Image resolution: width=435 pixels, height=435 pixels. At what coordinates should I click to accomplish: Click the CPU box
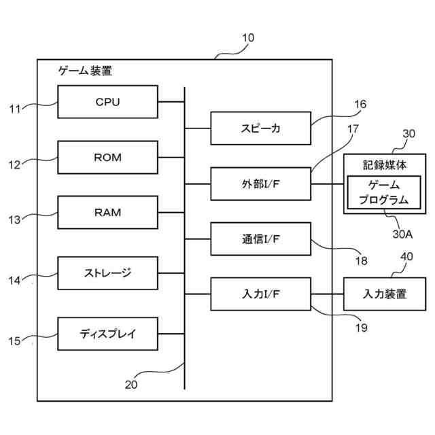107,103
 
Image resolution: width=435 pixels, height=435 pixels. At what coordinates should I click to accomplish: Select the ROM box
107,158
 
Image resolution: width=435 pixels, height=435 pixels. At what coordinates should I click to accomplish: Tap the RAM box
107,213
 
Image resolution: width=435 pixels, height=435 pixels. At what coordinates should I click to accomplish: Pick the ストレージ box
107,273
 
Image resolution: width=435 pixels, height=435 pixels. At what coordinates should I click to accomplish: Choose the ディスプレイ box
107,334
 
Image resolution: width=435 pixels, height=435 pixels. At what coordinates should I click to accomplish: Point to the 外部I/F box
260,184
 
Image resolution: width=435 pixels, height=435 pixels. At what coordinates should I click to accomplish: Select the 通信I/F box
260,239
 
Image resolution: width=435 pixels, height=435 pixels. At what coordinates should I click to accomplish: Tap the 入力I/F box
260,294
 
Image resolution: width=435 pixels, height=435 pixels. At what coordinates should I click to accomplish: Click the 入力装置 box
385,294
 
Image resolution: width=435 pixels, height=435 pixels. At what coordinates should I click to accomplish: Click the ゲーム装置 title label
85,70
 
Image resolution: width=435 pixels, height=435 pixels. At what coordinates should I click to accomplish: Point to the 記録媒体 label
384,165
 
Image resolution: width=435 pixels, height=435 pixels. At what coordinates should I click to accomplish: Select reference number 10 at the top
248,38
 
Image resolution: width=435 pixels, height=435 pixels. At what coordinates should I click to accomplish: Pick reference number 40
406,256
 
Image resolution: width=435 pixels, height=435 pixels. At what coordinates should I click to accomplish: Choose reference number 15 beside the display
14,341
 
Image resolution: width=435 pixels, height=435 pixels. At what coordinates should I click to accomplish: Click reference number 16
360,104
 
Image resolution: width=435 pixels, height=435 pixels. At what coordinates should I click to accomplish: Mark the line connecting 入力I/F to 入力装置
326,294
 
